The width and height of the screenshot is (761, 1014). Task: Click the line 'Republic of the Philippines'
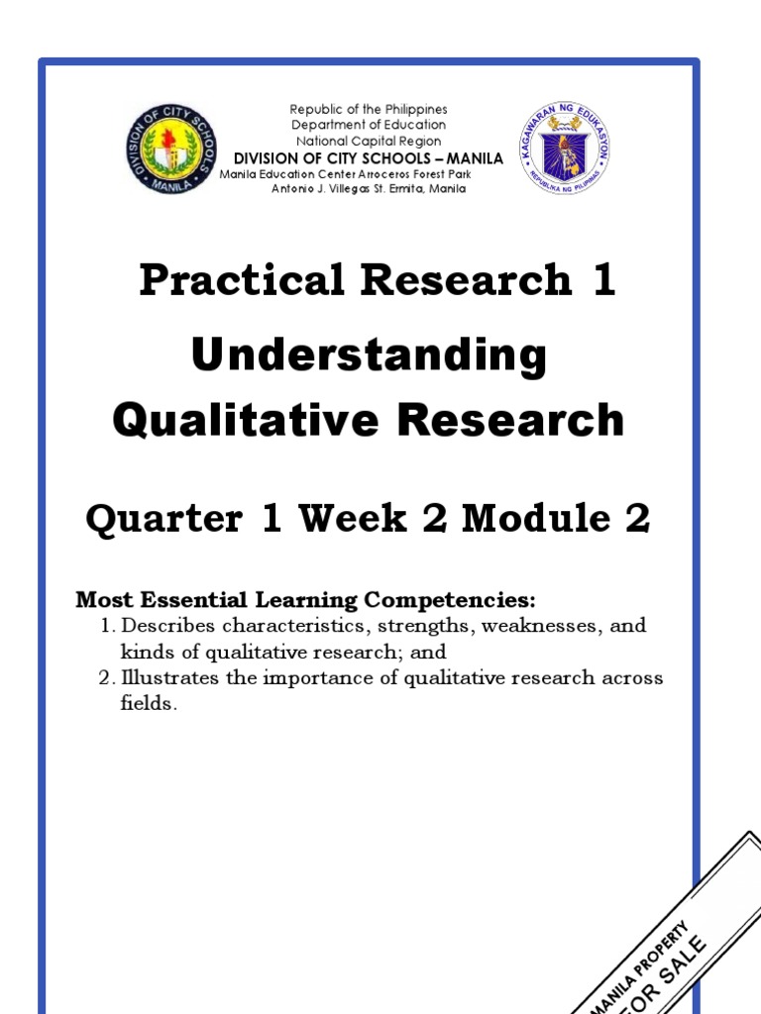coord(368,109)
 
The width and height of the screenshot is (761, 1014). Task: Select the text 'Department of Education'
coord(368,125)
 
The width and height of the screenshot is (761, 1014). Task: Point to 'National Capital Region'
coord(368,141)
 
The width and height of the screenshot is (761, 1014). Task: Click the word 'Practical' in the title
coord(241,280)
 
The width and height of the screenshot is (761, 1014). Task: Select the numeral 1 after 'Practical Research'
coord(602,280)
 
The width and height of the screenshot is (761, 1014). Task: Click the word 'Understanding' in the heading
coord(369,355)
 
